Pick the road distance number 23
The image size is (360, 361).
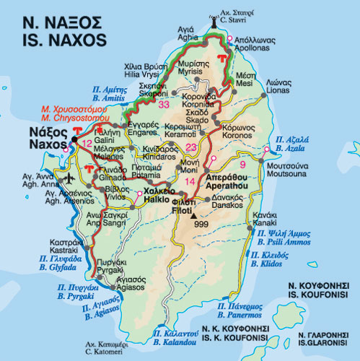(x=191, y=147)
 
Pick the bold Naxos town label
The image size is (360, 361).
(x=43, y=137)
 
